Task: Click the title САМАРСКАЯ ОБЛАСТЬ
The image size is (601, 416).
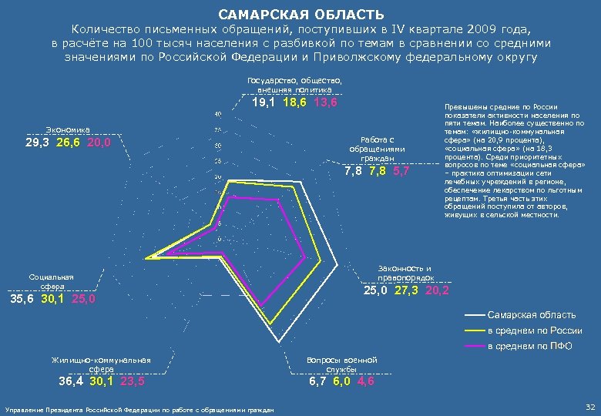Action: click(x=300, y=15)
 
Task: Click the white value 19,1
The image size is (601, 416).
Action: click(x=266, y=102)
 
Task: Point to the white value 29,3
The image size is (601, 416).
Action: click(x=38, y=143)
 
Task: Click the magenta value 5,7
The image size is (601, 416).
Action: click(x=401, y=171)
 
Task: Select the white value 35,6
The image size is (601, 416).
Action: click(x=21, y=299)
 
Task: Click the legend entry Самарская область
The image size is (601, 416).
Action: click(x=532, y=314)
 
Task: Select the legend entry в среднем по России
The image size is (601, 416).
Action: click(x=534, y=330)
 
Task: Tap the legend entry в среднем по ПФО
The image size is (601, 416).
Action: click(x=530, y=345)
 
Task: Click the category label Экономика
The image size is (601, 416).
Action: click(x=69, y=129)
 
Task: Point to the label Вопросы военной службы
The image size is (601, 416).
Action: click(x=341, y=364)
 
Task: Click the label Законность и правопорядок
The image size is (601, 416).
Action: click(x=405, y=271)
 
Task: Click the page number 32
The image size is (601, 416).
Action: click(x=589, y=407)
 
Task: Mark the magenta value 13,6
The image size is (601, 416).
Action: click(x=326, y=102)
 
